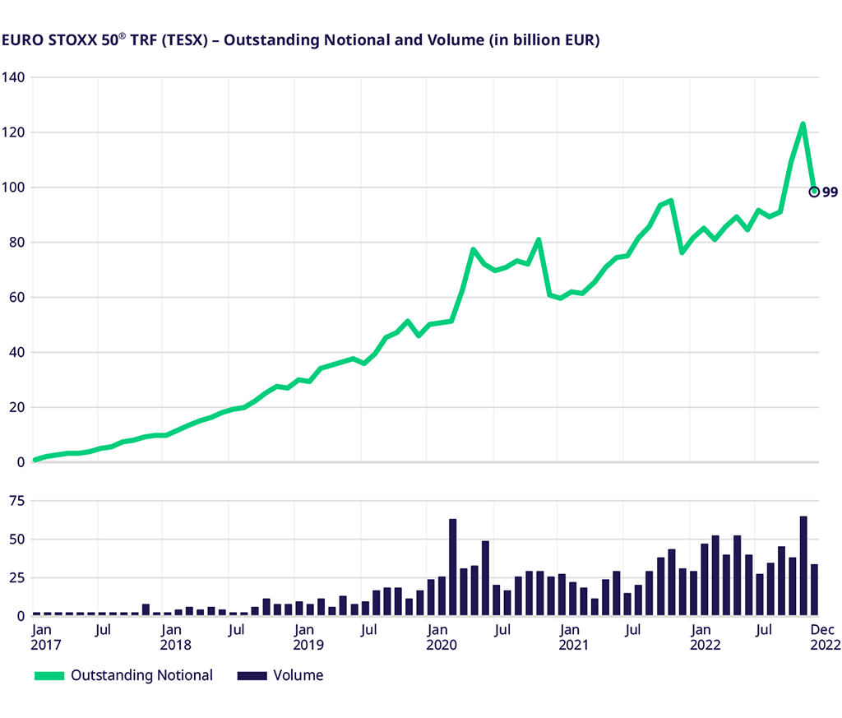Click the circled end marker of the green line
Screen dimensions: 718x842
click(814, 192)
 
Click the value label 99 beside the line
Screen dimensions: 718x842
click(830, 192)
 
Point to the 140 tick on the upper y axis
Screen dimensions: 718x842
click(16, 77)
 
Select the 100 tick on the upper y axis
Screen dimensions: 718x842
click(16, 188)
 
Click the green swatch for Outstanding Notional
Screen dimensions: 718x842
click(49, 676)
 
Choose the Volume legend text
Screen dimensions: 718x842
click(298, 676)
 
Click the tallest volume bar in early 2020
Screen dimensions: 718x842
click(453, 567)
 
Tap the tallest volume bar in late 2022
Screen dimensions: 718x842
click(803, 566)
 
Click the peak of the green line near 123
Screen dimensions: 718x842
click(803, 124)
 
